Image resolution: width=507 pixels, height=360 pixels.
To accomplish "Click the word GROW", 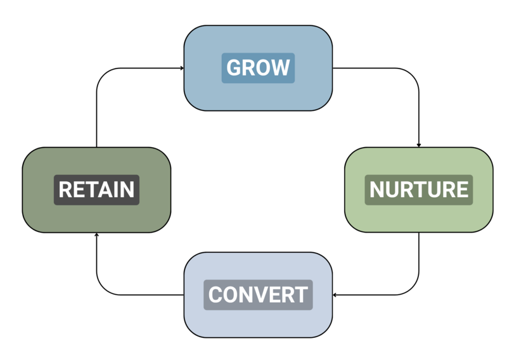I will [258, 68].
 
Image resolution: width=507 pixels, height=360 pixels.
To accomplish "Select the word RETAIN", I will [96, 190].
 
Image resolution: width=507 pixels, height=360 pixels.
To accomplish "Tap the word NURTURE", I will [419, 190].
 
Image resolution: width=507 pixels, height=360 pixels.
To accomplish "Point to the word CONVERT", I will [258, 295].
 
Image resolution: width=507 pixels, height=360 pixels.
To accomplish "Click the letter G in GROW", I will [233, 68].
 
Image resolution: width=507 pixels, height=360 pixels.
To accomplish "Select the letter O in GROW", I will [264, 68].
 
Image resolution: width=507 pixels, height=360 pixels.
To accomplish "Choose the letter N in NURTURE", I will [377, 190].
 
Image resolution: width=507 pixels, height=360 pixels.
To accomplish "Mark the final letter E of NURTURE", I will [462, 190].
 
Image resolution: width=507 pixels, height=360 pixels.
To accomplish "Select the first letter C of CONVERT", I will [215, 295].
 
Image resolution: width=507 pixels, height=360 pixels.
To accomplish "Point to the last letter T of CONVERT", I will [301, 295].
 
